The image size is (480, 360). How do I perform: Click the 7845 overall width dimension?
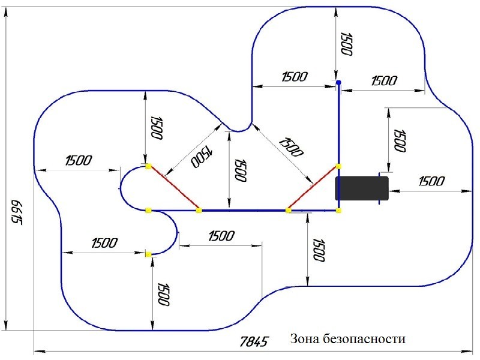click(253, 342)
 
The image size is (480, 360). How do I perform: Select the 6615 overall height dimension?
click(16, 211)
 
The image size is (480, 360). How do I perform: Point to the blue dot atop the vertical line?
click(338, 82)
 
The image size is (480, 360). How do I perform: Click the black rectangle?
click(362, 188)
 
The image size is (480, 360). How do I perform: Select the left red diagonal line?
click(173, 188)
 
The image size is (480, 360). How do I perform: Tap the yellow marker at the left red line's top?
click(148, 166)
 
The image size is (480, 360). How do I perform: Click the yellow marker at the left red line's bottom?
click(199, 210)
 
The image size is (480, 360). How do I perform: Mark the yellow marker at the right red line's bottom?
click(289, 210)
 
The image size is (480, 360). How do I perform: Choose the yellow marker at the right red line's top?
click(338, 166)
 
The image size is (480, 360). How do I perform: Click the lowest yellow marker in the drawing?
click(148, 254)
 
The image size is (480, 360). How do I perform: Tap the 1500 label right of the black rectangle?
click(431, 181)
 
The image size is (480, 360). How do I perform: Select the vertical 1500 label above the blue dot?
click(346, 43)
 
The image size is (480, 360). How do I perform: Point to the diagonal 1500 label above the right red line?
click(290, 146)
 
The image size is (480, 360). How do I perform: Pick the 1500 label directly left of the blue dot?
click(294, 76)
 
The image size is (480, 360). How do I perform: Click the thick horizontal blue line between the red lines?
click(244, 210)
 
